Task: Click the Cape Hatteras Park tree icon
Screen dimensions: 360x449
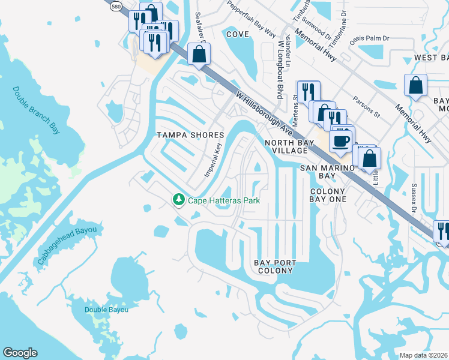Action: coord(178,199)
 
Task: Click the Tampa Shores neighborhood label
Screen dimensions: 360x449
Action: coord(190,135)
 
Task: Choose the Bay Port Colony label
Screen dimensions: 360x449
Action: coord(274,266)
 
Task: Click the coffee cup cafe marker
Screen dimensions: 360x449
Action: coord(341,142)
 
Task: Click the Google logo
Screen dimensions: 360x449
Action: coord(20,353)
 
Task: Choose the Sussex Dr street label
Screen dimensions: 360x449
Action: coord(414,199)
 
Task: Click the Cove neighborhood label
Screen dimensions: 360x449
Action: coord(237,34)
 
